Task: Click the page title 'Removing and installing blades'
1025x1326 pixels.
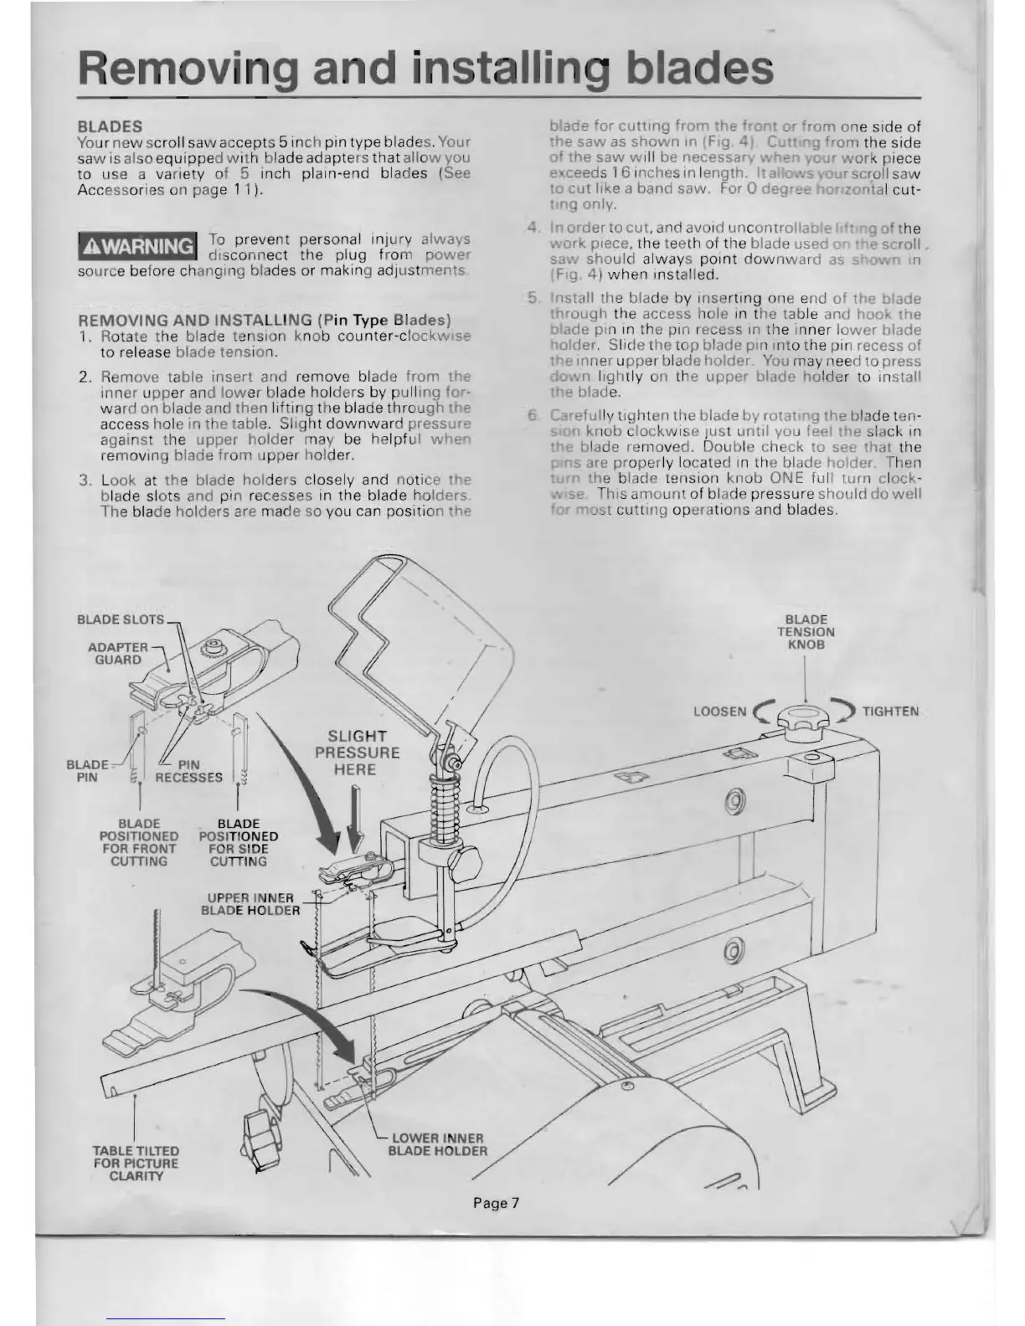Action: (x=425, y=68)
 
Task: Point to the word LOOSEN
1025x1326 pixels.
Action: (x=719, y=712)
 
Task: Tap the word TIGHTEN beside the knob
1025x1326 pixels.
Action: (x=890, y=712)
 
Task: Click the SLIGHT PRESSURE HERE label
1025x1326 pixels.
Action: (x=358, y=752)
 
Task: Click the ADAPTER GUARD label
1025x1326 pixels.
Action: (x=118, y=654)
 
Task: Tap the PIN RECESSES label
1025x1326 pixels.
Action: (x=189, y=771)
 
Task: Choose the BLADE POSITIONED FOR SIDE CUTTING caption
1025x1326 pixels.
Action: (x=239, y=842)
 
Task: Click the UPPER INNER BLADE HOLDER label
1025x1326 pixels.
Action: (x=250, y=904)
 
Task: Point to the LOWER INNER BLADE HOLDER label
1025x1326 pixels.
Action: (x=437, y=1144)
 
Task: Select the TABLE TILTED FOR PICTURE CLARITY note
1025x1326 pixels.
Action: (x=136, y=1163)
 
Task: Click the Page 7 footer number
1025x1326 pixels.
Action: (x=497, y=1203)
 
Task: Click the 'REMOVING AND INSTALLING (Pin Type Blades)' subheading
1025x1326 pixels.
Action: (x=265, y=321)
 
